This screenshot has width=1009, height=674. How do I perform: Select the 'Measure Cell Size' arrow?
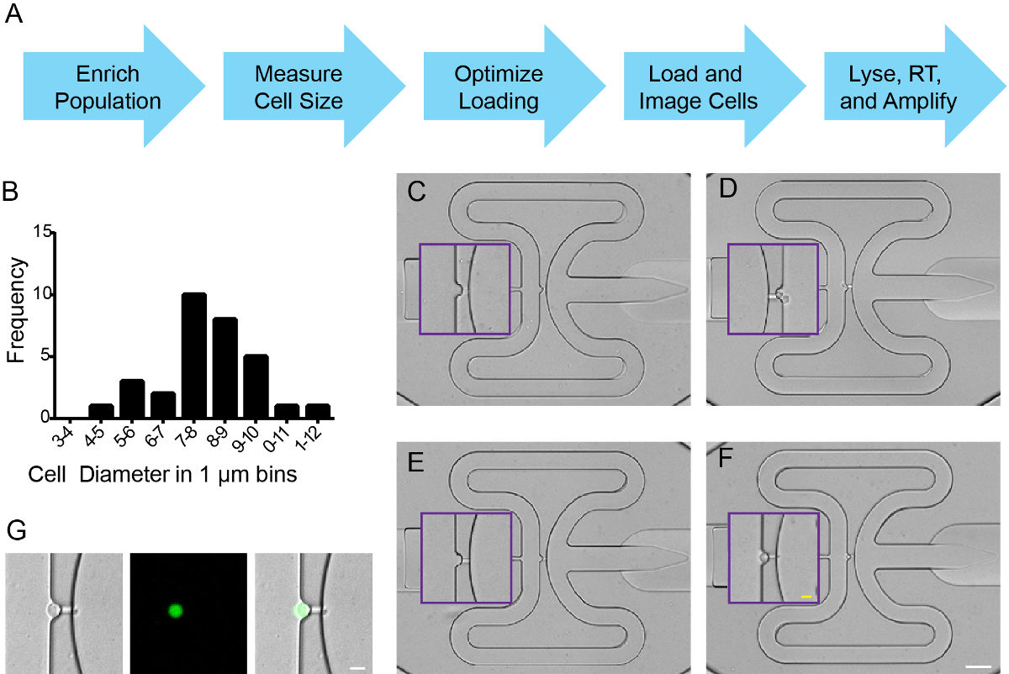(314, 86)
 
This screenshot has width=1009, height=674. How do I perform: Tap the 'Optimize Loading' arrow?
(515, 86)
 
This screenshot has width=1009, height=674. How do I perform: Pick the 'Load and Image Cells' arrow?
(715, 86)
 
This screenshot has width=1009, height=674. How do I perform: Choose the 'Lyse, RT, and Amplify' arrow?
(915, 86)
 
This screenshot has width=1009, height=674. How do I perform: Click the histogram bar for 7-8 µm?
(194, 355)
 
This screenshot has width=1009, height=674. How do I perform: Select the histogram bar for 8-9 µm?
(225, 368)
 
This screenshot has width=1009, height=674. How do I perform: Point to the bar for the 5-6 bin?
(132, 399)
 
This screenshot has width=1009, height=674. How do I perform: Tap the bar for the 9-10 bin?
(256, 387)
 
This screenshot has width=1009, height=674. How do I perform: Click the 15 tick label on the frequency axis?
(42, 231)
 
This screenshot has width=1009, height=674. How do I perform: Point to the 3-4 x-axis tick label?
(62, 436)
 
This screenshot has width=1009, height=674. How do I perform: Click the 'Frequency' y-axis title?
(16, 310)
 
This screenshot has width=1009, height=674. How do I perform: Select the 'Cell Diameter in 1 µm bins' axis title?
(162, 475)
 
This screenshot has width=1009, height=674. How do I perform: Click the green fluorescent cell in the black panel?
(176, 611)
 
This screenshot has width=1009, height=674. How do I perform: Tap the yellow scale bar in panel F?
(806, 597)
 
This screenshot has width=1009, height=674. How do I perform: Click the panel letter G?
(17, 530)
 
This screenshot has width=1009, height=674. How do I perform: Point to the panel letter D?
(728, 188)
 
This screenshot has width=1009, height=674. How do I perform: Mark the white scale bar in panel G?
(357, 668)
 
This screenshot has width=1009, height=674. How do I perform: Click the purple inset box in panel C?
(465, 289)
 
